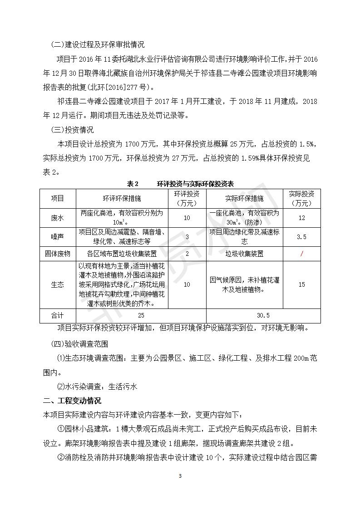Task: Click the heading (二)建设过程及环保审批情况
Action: point(98,44)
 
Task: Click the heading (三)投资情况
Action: point(73,130)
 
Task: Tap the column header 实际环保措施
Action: point(244,198)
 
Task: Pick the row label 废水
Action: point(58,218)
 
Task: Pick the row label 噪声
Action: point(58,236)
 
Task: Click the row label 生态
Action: point(58,284)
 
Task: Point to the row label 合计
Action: point(58,315)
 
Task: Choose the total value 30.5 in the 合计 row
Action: point(263,315)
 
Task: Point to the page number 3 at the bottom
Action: point(180,476)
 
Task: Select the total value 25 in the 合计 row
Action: point(141,315)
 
